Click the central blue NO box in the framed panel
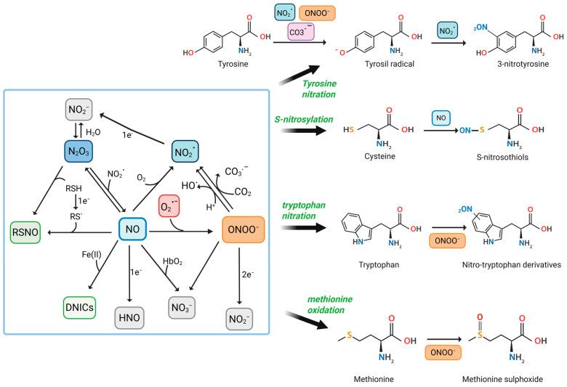132,230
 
